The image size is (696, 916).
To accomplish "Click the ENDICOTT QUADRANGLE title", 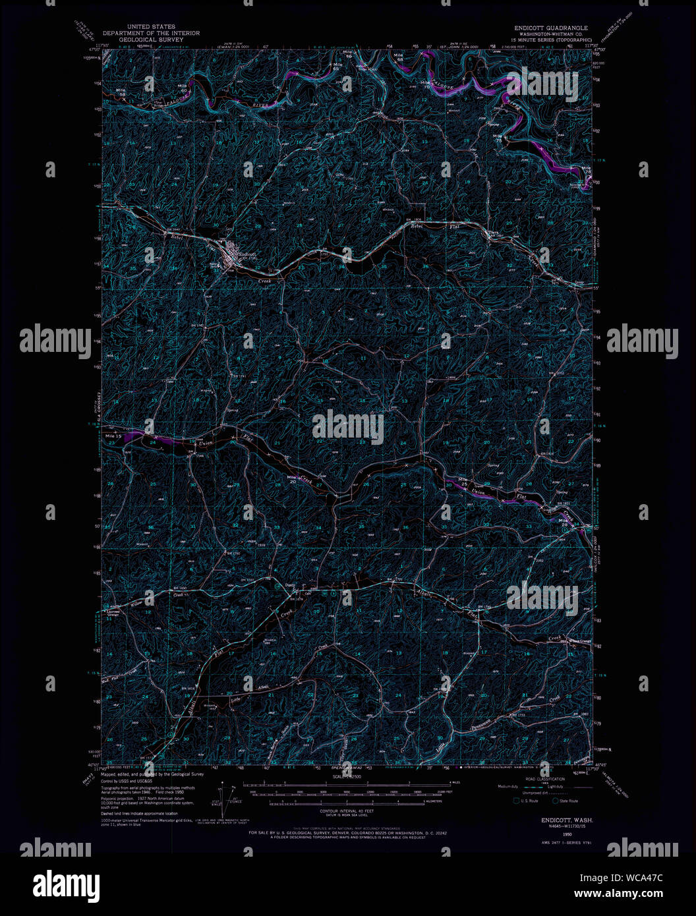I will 551,28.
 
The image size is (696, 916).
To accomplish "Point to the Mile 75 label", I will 497,138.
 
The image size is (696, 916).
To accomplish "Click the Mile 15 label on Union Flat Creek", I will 113,436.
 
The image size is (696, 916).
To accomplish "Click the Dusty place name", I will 291,585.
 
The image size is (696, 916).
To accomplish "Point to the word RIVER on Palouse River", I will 262,104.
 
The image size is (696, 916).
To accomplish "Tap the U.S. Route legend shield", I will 517,801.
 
